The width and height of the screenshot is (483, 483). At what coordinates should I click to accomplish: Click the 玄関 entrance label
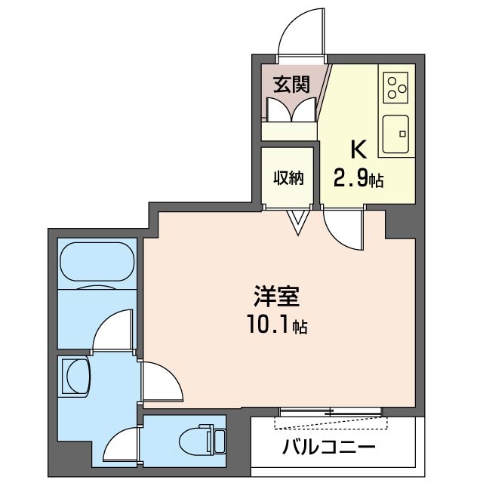(291, 84)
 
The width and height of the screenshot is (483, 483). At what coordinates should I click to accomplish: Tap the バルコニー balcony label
(328, 448)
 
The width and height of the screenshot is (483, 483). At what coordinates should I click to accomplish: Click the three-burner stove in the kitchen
(395, 88)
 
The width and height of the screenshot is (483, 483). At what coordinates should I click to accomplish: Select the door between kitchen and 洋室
(343, 229)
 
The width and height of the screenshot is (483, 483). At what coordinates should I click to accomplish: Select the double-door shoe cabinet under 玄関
(291, 110)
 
